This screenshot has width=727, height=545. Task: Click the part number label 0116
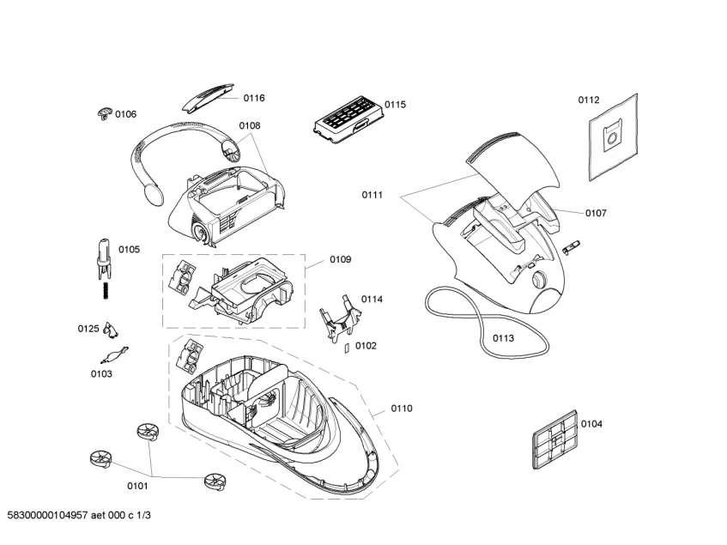(x=252, y=98)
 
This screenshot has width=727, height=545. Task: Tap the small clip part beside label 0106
(x=104, y=112)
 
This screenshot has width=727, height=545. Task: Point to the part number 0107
(x=596, y=213)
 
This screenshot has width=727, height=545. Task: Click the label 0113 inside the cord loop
(x=503, y=338)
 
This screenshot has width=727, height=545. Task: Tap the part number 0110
(x=402, y=409)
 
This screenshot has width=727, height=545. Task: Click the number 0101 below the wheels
(x=137, y=487)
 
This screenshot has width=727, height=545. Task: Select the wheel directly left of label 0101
(x=101, y=460)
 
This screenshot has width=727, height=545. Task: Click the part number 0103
(x=101, y=374)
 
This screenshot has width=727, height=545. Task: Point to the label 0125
(x=88, y=329)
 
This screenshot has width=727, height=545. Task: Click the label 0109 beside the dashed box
(x=340, y=259)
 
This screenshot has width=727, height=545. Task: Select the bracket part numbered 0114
(x=338, y=318)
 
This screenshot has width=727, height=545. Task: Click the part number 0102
(x=366, y=346)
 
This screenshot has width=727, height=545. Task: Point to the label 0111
(x=372, y=196)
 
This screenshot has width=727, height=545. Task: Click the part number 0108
(x=249, y=125)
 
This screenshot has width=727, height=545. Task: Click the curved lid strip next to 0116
(x=206, y=98)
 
